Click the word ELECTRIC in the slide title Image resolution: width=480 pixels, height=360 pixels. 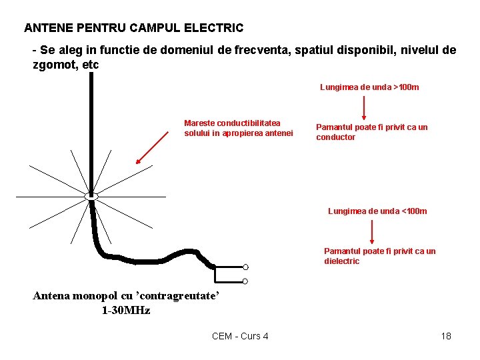(x=213, y=28)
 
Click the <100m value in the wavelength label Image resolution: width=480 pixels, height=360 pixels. (x=413, y=211)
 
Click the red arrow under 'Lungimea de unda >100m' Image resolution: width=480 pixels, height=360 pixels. (x=363, y=107)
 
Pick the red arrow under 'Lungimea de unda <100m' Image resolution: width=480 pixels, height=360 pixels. (x=371, y=232)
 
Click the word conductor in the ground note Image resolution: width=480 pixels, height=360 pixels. (x=335, y=137)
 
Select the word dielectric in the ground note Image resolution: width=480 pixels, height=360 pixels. (x=341, y=261)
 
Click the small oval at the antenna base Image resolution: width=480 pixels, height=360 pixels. (x=91, y=196)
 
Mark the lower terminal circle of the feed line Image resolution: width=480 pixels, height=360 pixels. (x=245, y=281)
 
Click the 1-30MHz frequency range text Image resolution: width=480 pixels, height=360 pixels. (x=125, y=311)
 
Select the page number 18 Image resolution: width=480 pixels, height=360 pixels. (x=446, y=336)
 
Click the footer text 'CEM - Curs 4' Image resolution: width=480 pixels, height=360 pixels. (x=240, y=336)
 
